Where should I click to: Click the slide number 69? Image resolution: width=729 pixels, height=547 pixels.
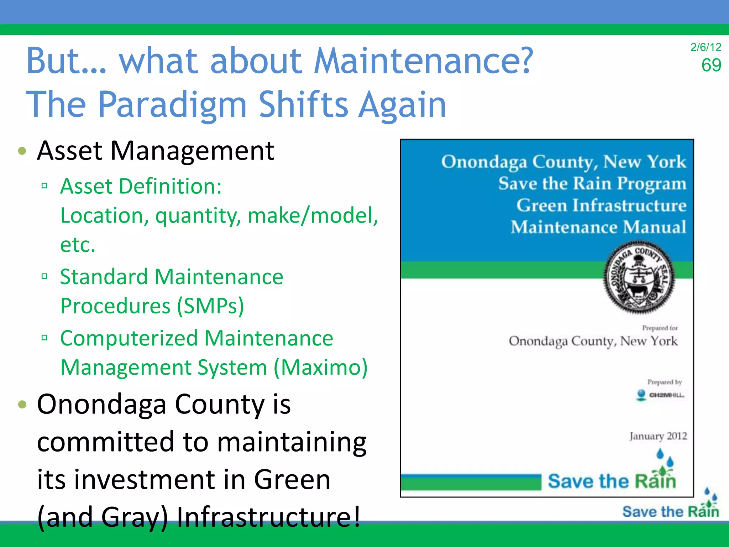[711, 66]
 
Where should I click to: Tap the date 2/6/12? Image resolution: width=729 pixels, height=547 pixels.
[706, 47]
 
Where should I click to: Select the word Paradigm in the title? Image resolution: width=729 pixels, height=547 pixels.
[172, 105]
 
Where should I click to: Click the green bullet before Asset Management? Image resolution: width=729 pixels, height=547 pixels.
[22, 151]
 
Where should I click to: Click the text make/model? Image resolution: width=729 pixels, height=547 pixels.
[313, 216]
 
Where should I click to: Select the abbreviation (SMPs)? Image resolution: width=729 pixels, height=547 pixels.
[210, 306]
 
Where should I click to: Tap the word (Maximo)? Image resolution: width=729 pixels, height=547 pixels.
[320, 368]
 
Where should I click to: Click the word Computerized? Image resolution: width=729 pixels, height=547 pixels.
[129, 338]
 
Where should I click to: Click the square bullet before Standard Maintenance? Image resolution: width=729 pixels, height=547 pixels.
[44, 276]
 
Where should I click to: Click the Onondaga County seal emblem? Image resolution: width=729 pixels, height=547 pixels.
[639, 277]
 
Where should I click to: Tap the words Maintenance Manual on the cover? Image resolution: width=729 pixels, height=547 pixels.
[598, 227]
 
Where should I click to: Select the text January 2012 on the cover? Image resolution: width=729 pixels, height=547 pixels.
[658, 436]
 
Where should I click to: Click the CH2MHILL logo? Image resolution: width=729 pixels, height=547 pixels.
[660, 395]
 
